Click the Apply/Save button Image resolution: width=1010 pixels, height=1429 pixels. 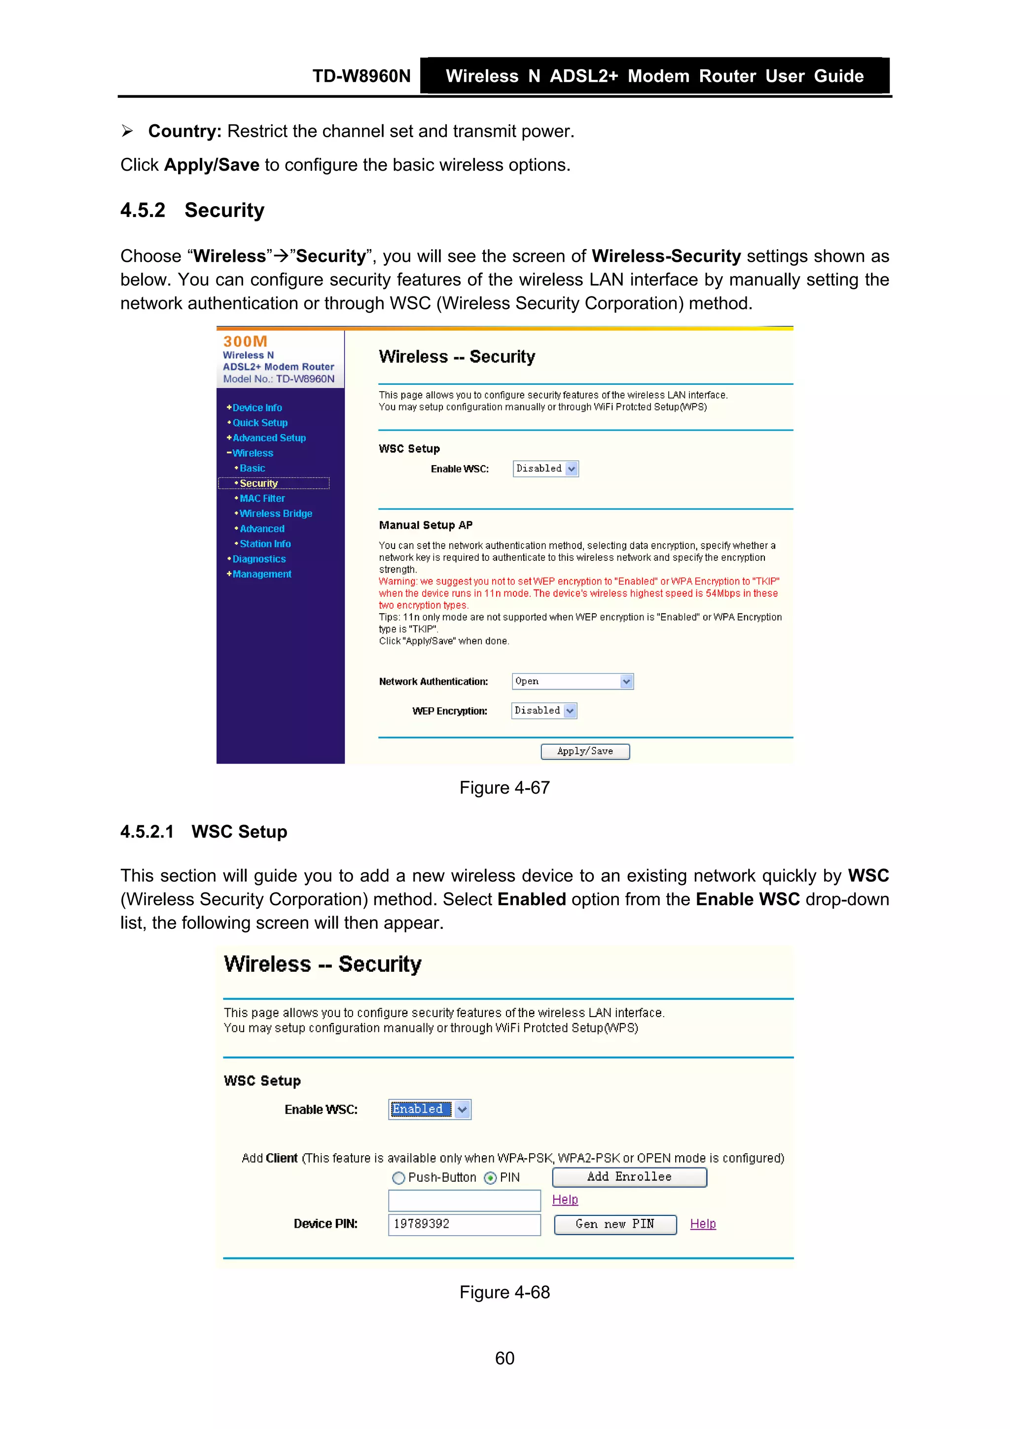[584, 751]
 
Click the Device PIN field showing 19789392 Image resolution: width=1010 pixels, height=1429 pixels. [464, 1224]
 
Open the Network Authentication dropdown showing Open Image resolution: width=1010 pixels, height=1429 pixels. [572, 682]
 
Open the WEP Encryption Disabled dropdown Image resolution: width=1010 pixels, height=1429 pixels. [544, 711]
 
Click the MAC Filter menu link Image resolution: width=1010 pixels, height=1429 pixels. [262, 499]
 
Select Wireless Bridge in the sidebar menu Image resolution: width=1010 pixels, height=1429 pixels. [276, 513]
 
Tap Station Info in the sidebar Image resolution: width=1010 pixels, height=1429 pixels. [265, 544]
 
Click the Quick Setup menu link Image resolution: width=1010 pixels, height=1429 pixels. [259, 423]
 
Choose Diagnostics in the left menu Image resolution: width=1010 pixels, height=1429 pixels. [259, 559]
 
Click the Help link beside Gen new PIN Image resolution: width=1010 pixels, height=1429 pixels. [703, 1224]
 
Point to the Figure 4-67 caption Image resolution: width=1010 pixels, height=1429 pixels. [504, 788]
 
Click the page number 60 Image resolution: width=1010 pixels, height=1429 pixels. [504, 1358]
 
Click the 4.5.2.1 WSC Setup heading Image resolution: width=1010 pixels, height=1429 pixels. [204, 832]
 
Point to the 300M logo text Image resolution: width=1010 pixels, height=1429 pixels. [245, 341]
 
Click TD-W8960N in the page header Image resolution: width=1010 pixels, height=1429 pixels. [361, 76]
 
